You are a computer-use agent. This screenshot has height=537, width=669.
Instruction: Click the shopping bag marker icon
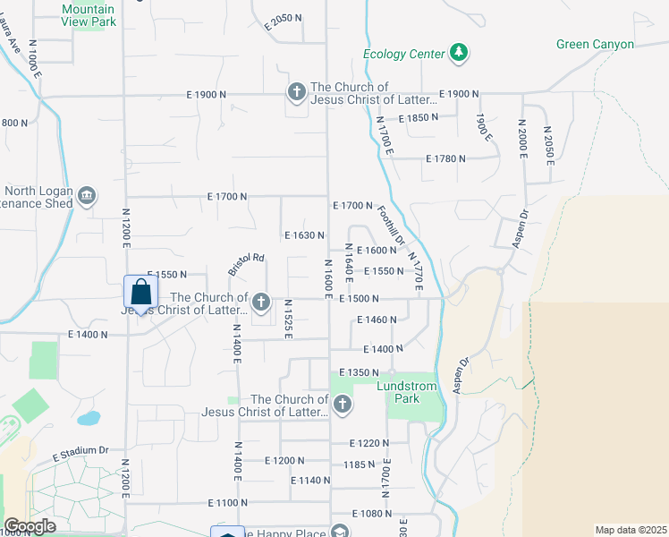pyautogui.click(x=140, y=292)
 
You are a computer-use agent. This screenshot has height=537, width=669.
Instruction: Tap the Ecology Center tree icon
pyautogui.click(x=458, y=54)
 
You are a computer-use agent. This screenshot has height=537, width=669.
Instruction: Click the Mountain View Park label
pyautogui.click(x=89, y=16)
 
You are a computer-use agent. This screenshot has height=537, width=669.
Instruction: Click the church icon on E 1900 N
pyautogui.click(x=296, y=93)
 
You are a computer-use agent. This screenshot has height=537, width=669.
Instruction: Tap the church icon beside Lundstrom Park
pyautogui.click(x=341, y=405)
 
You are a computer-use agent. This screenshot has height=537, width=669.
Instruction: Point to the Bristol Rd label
pyautogui.click(x=246, y=264)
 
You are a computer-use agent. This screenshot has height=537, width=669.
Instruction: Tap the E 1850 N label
pyautogui.click(x=419, y=117)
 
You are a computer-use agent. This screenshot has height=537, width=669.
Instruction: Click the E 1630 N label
pyautogui.click(x=304, y=235)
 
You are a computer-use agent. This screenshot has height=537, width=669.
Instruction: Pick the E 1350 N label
pyautogui.click(x=359, y=372)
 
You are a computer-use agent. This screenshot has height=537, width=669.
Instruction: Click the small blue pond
pyautogui.click(x=89, y=418)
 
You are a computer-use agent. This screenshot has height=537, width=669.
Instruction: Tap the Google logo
pyautogui.click(x=30, y=526)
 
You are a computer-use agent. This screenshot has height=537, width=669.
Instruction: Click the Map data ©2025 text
pyautogui.click(x=631, y=530)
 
